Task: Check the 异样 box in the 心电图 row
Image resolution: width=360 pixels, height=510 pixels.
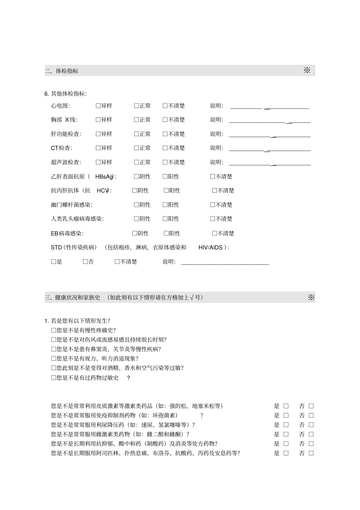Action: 98,106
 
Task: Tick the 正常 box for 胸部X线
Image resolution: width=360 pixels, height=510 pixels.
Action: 136,120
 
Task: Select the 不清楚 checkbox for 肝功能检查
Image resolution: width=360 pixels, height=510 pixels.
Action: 165,134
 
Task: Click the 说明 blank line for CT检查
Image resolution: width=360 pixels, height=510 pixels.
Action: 269,150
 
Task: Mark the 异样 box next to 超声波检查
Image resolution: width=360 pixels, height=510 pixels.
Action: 98,162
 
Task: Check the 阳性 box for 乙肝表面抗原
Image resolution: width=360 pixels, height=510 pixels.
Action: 165,176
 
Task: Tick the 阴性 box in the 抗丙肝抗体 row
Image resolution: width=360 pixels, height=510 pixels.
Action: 135,190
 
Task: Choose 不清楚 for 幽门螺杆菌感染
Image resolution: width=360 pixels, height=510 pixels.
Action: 213,205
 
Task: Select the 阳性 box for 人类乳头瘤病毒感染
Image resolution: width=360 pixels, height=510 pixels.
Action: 165,219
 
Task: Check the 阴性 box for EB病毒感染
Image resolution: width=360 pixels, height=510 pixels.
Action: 135,233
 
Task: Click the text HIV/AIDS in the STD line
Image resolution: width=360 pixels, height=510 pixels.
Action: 210,248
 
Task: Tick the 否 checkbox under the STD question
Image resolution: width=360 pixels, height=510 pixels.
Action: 85,262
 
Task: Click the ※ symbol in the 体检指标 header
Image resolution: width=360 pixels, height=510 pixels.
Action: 307,70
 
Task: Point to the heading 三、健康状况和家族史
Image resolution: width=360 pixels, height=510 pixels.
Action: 72,298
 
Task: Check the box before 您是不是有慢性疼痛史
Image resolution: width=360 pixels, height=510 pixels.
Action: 53,330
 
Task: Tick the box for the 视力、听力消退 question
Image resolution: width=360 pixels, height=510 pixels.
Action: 53,358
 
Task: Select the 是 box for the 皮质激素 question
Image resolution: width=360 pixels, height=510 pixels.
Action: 286,406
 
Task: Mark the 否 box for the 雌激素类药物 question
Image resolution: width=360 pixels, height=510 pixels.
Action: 311,434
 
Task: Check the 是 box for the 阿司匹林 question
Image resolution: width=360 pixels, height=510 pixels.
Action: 286,453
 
